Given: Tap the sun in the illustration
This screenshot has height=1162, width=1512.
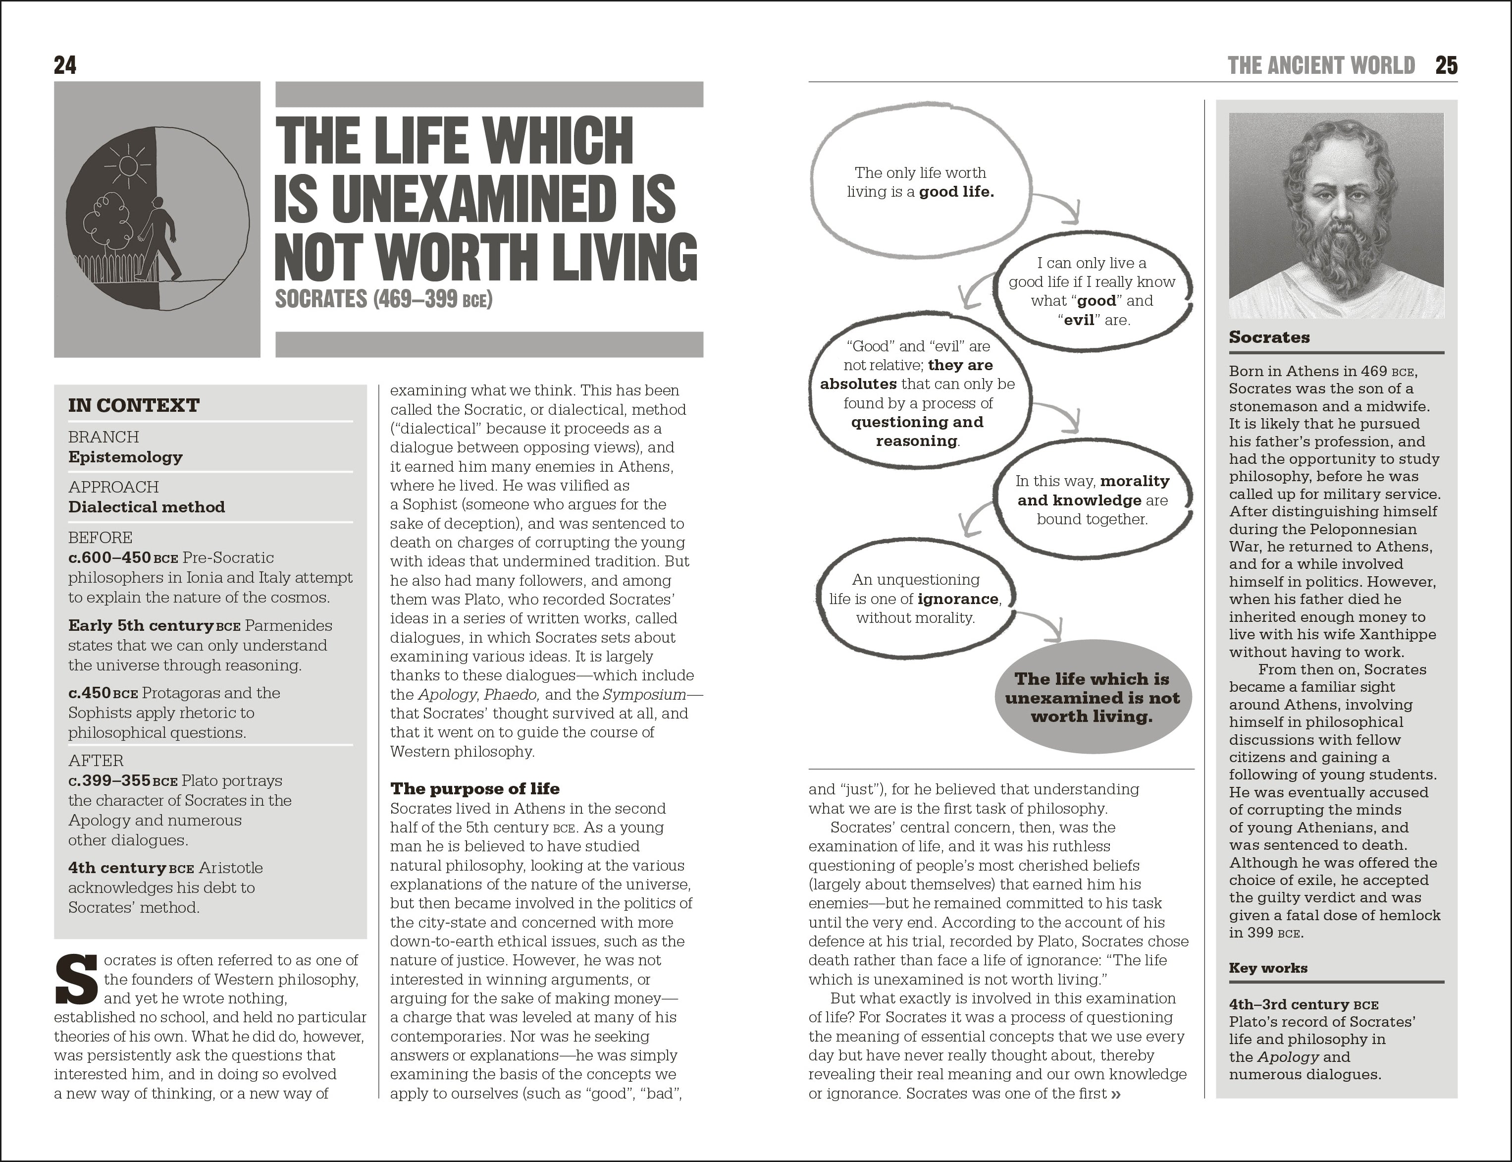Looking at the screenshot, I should (x=127, y=166).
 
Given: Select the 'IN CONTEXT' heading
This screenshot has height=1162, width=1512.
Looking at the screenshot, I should (x=133, y=405).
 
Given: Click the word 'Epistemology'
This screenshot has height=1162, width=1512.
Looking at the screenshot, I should (x=125, y=457).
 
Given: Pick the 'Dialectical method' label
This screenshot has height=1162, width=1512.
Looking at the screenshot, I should (x=147, y=507).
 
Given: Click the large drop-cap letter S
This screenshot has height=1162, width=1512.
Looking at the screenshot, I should (x=76, y=979).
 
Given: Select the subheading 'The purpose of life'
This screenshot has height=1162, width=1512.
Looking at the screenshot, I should (x=475, y=788).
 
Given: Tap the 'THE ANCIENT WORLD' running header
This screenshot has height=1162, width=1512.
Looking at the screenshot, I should (x=1321, y=66).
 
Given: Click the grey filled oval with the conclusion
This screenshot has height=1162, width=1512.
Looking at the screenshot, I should (x=1093, y=698).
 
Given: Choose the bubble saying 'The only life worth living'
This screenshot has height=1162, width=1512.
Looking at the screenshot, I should (x=920, y=182).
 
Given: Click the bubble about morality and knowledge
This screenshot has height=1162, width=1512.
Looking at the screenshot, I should (x=1093, y=499).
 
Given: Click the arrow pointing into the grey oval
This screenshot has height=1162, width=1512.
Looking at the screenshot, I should (x=1044, y=622).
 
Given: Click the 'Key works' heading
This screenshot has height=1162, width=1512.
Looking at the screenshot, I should (x=1268, y=968).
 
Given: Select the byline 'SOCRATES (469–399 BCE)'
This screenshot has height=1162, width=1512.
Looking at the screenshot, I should (x=384, y=299).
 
